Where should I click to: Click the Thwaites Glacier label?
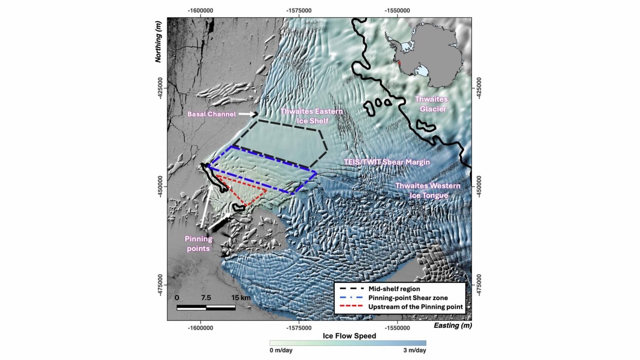coord(431,104)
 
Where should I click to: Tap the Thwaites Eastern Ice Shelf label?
coord(312,116)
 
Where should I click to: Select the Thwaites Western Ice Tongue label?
coord(428,190)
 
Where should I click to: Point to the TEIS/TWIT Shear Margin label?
coord(387,162)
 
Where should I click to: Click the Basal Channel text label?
coord(212,114)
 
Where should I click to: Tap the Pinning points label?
coord(198,244)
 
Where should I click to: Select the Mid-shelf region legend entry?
coord(394,289)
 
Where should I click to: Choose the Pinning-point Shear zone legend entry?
coord(407,298)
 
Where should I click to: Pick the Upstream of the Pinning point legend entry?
coord(415,307)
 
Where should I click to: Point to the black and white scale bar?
coord(206,308)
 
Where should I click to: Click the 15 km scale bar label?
coord(241,298)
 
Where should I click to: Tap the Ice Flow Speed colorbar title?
coord(349,336)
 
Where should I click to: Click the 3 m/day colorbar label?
coord(415,350)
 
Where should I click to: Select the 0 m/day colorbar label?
coord(281,350)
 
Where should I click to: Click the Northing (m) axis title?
coord(158,43)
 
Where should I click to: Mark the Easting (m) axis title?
coord(452,326)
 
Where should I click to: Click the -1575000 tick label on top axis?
coord(299,11)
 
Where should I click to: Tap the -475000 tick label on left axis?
coord(161,285)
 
